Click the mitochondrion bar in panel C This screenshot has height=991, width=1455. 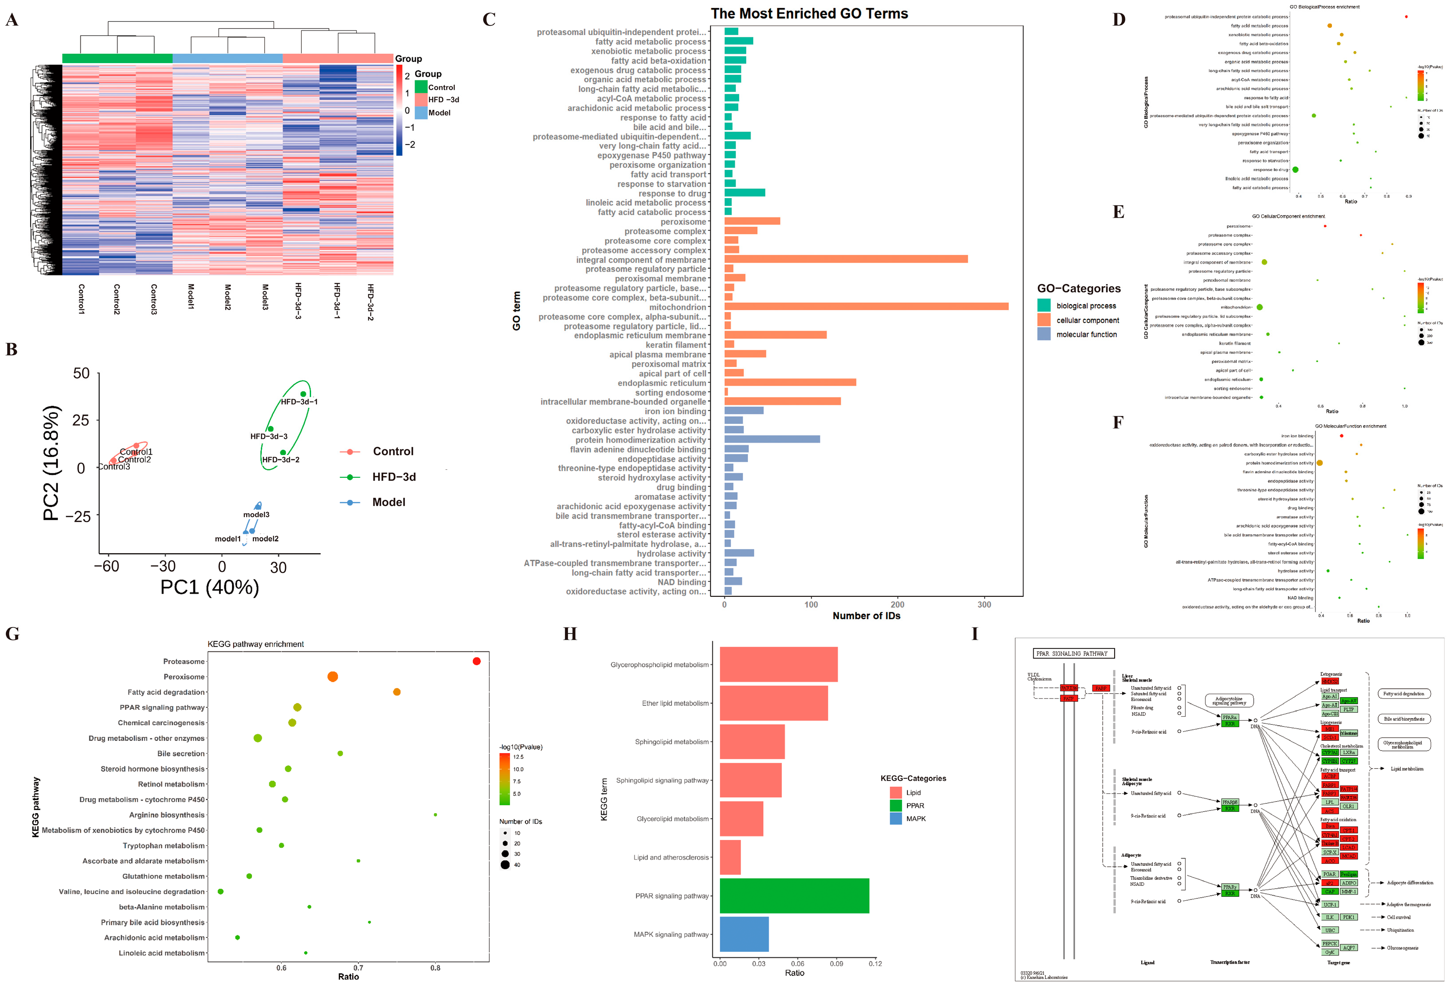(866, 307)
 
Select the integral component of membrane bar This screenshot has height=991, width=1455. (845, 259)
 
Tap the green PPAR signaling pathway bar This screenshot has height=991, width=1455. (794, 896)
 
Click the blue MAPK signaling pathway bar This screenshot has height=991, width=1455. (744, 934)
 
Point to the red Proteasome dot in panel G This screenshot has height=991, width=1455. (476, 661)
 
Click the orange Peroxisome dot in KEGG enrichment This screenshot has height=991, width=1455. (332, 677)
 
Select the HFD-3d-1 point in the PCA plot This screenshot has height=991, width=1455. (303, 394)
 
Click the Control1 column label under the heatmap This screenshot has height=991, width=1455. (81, 299)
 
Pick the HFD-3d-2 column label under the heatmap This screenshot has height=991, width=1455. (371, 302)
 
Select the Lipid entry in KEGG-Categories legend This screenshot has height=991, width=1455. (895, 792)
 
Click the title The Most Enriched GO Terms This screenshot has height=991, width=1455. (809, 14)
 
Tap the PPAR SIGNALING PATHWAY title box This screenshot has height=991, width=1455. (1073, 654)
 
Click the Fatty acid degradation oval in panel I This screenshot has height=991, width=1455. (1403, 694)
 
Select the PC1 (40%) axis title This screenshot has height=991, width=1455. (210, 587)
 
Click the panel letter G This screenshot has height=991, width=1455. (12, 634)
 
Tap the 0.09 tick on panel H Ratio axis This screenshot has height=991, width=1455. (836, 963)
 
